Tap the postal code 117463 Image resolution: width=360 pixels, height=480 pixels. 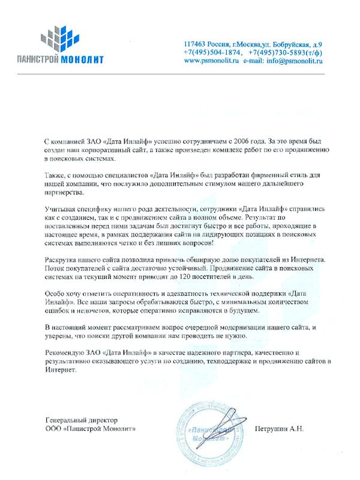pos(196,45)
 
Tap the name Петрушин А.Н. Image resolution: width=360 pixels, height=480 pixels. pos(280,430)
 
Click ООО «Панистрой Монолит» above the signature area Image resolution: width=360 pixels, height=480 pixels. pos(91,430)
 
